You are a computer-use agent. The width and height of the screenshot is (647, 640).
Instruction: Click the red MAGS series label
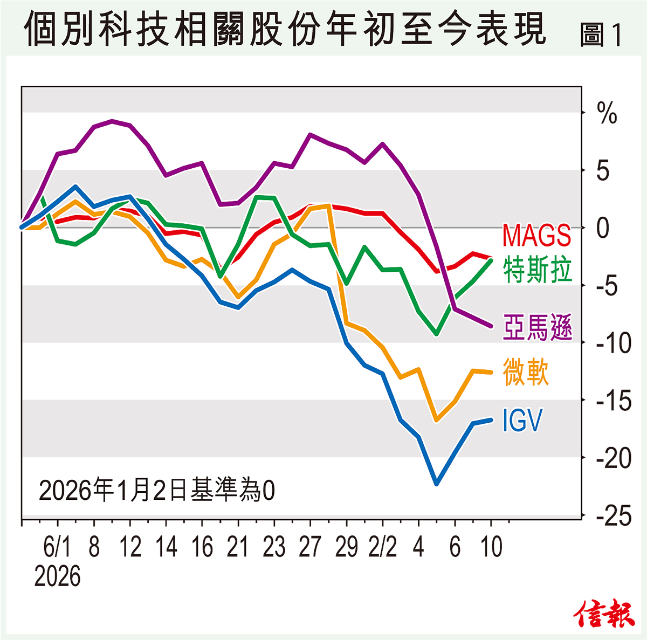click(x=536, y=236)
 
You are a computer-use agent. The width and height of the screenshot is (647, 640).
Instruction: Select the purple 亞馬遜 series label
click(x=537, y=327)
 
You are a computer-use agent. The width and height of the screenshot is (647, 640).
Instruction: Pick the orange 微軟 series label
click(x=526, y=372)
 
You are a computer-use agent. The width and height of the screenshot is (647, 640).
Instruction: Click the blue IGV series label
click(x=522, y=420)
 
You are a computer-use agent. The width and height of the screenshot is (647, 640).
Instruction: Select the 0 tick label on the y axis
click(x=603, y=228)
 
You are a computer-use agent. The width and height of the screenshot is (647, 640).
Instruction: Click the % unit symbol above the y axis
click(x=607, y=114)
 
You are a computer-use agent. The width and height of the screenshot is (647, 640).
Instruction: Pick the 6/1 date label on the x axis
click(x=57, y=547)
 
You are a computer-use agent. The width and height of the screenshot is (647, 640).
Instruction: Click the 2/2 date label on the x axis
click(x=382, y=547)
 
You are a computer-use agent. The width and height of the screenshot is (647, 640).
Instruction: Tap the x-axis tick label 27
click(x=310, y=547)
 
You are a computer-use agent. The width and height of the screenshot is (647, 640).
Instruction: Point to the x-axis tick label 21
click(x=238, y=547)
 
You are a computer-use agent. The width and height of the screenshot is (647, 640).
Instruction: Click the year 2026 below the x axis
click(x=57, y=576)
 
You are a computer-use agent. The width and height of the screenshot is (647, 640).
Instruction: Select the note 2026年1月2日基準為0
click(x=157, y=490)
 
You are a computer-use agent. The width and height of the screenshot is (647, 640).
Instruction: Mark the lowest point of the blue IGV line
click(x=436, y=484)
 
